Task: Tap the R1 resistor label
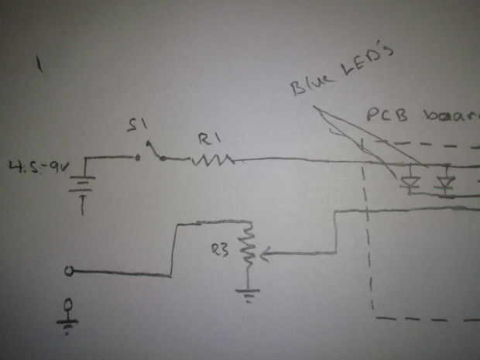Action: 208,139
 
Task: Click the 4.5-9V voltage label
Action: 32,166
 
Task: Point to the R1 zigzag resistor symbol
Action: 211,160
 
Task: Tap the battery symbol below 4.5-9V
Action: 82,188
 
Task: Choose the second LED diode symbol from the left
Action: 445,184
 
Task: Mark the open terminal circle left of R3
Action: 70,271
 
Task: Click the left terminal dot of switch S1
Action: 138,158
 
